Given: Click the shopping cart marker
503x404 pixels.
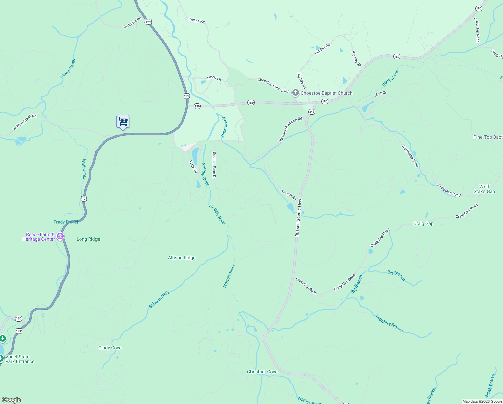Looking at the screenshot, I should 123,122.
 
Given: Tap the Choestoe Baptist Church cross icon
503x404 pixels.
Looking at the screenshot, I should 295,93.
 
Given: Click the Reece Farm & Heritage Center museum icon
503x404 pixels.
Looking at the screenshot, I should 60,236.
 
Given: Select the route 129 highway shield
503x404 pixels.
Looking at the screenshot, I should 148,22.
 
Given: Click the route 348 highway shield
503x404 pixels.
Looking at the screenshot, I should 312,112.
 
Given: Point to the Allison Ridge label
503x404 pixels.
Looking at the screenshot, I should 182,258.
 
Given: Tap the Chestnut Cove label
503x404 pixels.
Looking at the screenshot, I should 262,372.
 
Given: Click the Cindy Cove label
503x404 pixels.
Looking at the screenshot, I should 110,348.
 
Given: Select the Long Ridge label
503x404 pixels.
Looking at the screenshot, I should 88,239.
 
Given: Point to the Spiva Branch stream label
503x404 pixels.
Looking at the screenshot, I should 159,299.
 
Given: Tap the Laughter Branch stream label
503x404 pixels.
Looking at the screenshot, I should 389,323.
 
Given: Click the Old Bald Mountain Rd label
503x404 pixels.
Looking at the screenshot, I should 291,130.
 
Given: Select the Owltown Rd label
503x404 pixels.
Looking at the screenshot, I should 132,23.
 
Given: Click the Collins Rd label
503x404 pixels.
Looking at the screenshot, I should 196,21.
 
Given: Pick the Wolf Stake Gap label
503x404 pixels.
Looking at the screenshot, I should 484,189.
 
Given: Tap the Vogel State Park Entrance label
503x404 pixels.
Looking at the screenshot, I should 20,359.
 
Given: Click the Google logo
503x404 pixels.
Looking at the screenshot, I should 11,400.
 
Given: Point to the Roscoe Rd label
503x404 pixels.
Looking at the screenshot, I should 289,195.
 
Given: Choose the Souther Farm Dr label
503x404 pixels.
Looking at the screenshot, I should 214,165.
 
